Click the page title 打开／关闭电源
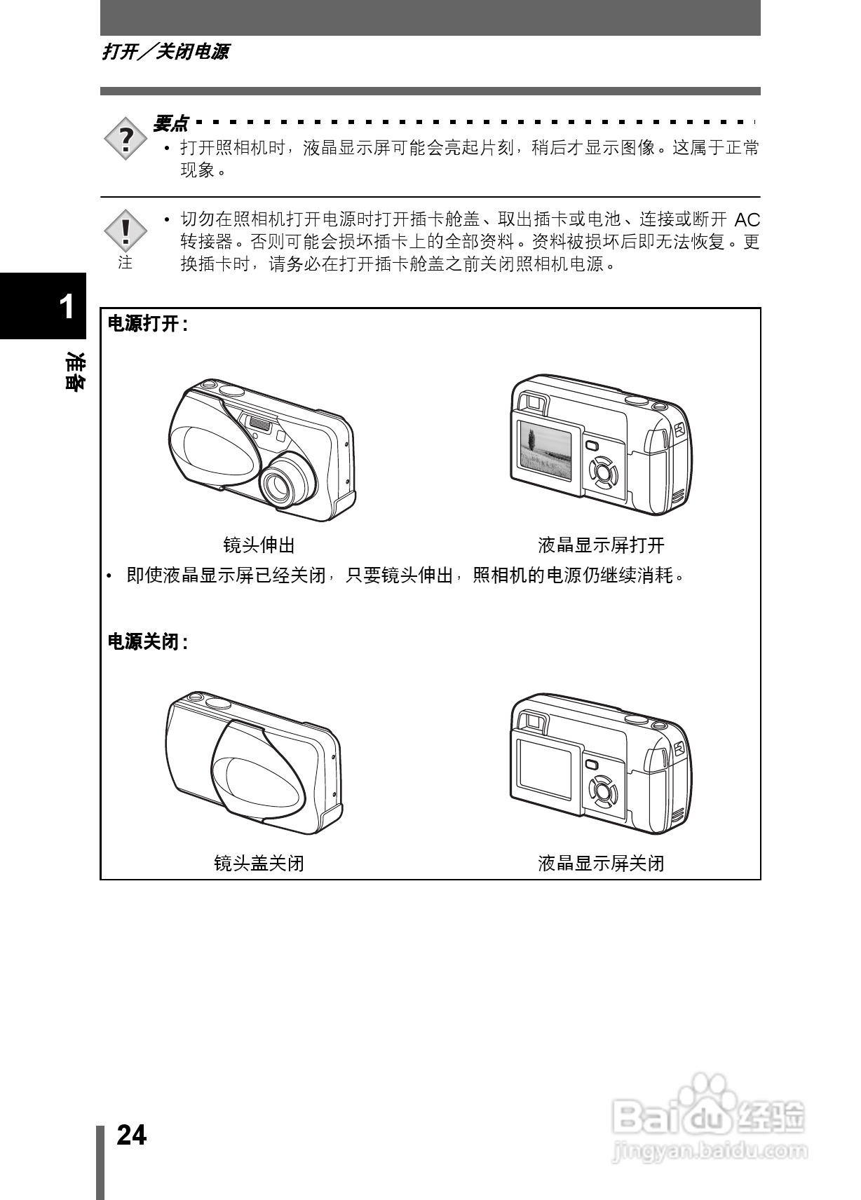coord(165,52)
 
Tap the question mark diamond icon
coord(126,139)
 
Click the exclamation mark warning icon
coord(126,230)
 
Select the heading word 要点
coord(170,124)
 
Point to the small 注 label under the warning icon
coord(126,263)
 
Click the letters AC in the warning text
coord(747,220)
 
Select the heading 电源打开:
coord(147,324)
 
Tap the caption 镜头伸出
coord(259,545)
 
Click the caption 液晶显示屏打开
coord(601,545)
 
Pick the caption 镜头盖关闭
coord(259,863)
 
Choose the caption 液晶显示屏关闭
coord(601,863)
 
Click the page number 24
coord(132,1135)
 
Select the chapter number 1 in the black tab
coord(67,306)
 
